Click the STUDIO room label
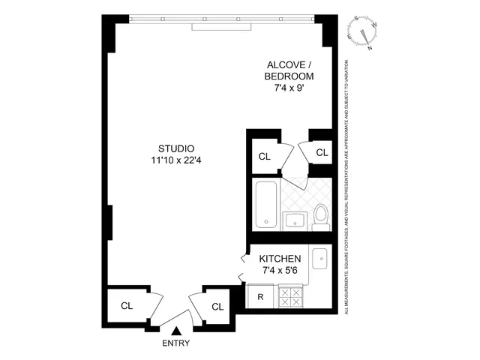point(177,147)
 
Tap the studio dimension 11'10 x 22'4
point(177,159)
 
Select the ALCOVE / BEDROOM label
point(289,70)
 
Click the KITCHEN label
point(282,258)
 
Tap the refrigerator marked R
point(260,296)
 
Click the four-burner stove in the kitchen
point(289,297)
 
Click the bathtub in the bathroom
point(266,204)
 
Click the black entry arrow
point(176,329)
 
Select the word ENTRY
point(176,343)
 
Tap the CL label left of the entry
point(127,306)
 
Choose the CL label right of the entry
point(217,306)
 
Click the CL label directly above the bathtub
point(264,157)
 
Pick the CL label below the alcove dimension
point(322,152)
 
